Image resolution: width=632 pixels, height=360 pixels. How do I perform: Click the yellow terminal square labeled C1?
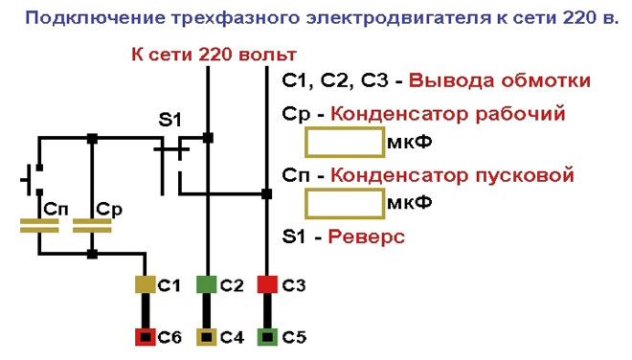click(145, 284)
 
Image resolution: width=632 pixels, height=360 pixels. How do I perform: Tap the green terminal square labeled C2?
click(207, 284)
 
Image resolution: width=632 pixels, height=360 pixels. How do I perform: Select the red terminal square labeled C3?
click(267, 284)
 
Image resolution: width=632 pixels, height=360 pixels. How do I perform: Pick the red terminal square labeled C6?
click(145, 337)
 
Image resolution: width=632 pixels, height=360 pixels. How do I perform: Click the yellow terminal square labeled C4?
click(207, 337)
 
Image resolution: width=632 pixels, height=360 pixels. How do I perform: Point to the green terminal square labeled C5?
click(267, 337)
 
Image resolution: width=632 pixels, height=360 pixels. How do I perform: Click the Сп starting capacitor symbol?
click(39, 226)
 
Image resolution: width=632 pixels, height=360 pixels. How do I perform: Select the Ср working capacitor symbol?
click(93, 226)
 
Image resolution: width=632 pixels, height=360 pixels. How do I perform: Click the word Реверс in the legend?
click(362, 236)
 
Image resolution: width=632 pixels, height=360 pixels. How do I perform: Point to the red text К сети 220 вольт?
click(213, 55)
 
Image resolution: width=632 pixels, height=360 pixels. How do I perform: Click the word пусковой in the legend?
click(526, 175)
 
